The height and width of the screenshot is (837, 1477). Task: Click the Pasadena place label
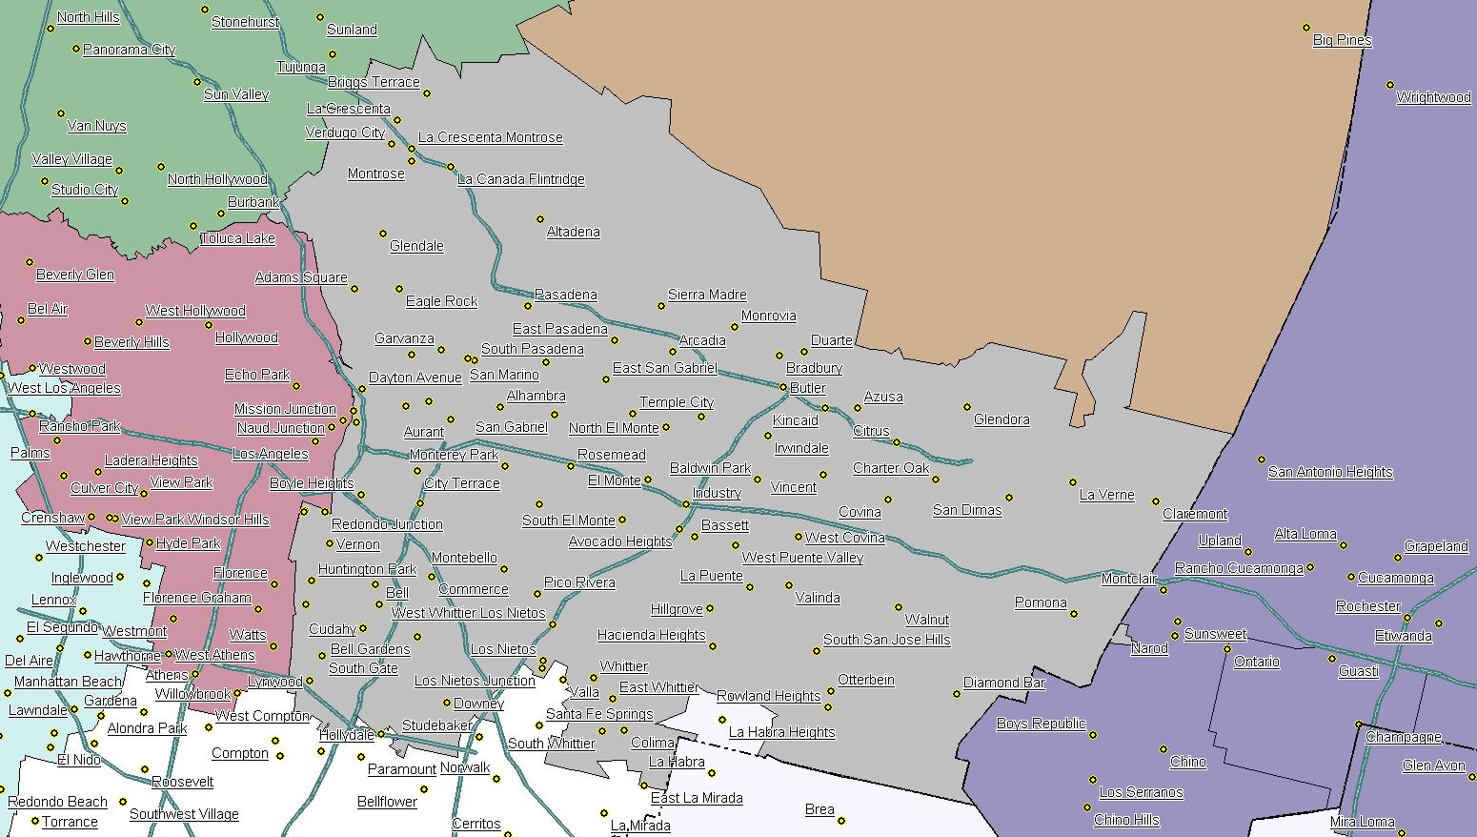click(x=565, y=295)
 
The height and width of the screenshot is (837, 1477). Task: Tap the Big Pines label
click(x=1342, y=40)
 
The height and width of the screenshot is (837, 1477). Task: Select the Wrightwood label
click(x=1432, y=97)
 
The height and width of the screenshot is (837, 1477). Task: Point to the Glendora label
click(x=1001, y=419)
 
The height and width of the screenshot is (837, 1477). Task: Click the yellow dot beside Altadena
click(x=540, y=219)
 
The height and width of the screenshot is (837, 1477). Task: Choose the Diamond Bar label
click(x=1003, y=683)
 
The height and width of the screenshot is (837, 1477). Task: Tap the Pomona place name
click(x=1040, y=602)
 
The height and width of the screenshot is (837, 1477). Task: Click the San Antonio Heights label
click(x=1329, y=472)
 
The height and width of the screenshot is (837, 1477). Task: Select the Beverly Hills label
click(x=132, y=342)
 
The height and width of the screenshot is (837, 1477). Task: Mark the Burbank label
click(x=253, y=202)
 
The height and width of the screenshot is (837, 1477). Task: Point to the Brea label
click(x=819, y=809)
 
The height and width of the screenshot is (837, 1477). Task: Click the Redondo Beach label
click(x=57, y=802)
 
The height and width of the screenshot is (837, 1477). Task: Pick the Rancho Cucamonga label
click(x=1238, y=568)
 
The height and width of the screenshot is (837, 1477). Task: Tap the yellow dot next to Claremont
click(x=1156, y=501)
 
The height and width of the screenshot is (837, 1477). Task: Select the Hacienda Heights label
click(x=651, y=635)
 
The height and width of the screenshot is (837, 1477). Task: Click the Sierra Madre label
click(x=706, y=295)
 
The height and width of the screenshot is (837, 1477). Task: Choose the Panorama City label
click(x=129, y=50)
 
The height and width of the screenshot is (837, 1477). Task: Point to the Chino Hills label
click(x=1126, y=820)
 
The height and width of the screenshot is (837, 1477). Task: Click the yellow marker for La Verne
click(x=1072, y=482)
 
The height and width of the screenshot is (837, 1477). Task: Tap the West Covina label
click(x=844, y=538)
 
